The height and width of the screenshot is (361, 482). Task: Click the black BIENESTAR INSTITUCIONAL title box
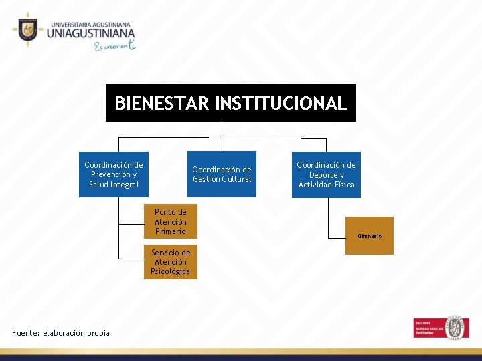click(230, 102)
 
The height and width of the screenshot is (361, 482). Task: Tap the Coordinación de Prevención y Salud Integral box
click(113, 174)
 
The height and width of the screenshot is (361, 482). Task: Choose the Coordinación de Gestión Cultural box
click(222, 174)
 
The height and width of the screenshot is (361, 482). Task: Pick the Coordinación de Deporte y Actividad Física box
click(326, 174)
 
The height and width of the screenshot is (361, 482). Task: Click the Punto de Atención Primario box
click(170, 221)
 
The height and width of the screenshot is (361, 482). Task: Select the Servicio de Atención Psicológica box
click(170, 261)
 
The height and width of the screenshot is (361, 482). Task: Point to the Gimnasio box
click(370, 235)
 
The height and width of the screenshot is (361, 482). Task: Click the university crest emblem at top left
click(27, 29)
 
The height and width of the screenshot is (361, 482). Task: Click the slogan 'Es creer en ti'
click(114, 46)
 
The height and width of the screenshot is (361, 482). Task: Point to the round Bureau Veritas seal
click(457, 327)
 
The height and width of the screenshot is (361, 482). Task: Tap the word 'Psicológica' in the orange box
click(170, 271)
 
